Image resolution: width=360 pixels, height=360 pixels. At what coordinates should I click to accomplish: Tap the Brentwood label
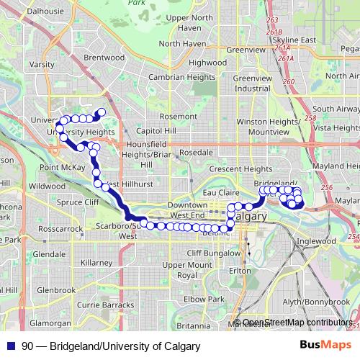(x=99, y=56)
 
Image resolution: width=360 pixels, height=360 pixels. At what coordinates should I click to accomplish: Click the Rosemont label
(x=179, y=115)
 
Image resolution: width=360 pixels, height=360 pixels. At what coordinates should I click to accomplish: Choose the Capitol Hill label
(x=156, y=132)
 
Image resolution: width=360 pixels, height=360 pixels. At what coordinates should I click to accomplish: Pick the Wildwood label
(x=47, y=186)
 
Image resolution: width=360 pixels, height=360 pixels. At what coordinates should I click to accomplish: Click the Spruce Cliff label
(x=81, y=203)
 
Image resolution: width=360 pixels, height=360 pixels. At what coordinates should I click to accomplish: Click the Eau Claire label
(x=221, y=192)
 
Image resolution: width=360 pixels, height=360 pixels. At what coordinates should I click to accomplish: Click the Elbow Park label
(x=184, y=298)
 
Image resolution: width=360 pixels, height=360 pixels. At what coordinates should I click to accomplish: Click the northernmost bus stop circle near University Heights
(x=102, y=112)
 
